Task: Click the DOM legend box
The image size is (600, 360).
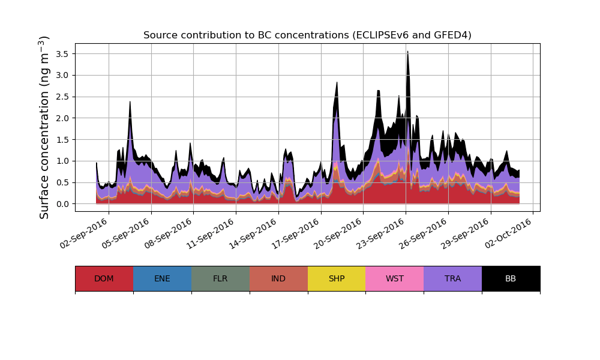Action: [x=104, y=278]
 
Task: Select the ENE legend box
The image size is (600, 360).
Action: [x=162, y=278]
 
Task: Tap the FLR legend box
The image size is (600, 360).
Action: [x=220, y=278]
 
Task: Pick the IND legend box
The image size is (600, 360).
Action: [x=278, y=278]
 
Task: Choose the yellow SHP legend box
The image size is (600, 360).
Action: [x=337, y=278]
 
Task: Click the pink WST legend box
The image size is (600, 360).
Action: [x=395, y=278]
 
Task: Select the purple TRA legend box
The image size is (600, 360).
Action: [x=453, y=278]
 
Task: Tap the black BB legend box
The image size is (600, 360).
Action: [x=511, y=278]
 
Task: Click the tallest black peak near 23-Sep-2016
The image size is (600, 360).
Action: [x=407, y=53]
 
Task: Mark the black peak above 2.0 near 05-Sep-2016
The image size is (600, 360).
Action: [x=130, y=103]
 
